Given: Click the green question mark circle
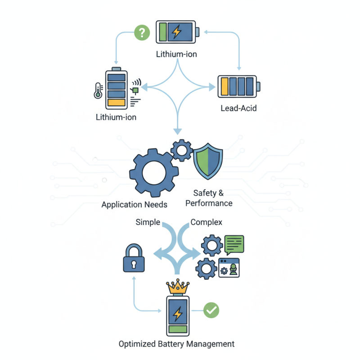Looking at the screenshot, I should click(x=142, y=32).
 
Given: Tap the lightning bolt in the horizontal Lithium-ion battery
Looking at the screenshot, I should click(x=177, y=32).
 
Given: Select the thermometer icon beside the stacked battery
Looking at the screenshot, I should click(x=97, y=90).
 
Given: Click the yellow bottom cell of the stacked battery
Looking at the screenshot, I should click(x=117, y=102).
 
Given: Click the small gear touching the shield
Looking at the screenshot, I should click(x=181, y=150).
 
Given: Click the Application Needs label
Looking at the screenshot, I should click(x=134, y=205).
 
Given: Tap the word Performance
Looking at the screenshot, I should click(x=209, y=203).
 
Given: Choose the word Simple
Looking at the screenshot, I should click(x=148, y=222).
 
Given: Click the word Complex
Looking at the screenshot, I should click(x=206, y=222).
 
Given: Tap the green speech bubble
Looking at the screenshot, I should click(x=234, y=243).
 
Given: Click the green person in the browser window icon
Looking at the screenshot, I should click(x=233, y=270).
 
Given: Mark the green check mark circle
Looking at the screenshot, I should click(x=211, y=310).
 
